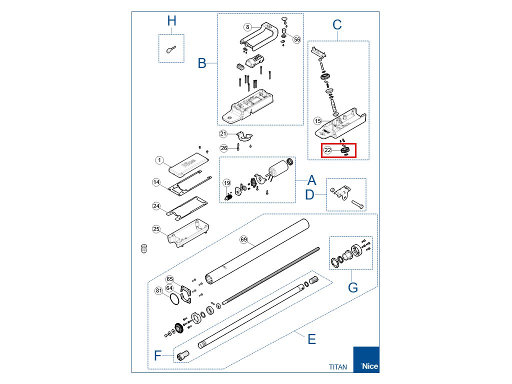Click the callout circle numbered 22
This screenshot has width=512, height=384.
[x=328, y=150]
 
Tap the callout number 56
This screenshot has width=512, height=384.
[x=297, y=39]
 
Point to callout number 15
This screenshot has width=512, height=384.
[x=317, y=121]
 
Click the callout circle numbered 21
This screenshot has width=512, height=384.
[x=223, y=133]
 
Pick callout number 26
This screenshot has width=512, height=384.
[x=223, y=148]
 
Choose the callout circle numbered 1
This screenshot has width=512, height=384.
[x=159, y=160]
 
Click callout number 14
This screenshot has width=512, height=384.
[x=156, y=183]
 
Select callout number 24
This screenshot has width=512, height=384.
[x=156, y=206]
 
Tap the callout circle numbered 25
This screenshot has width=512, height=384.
[x=156, y=229]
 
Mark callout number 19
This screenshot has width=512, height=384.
[x=226, y=183]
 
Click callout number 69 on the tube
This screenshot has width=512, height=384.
[x=244, y=240]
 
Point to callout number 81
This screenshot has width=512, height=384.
[x=159, y=290]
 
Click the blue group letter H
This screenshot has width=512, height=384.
[x=171, y=21]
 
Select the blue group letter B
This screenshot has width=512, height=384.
[x=202, y=63]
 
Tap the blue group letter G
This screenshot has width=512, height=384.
[x=353, y=287]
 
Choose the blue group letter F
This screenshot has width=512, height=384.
[x=158, y=355]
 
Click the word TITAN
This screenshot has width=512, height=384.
[x=337, y=366]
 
